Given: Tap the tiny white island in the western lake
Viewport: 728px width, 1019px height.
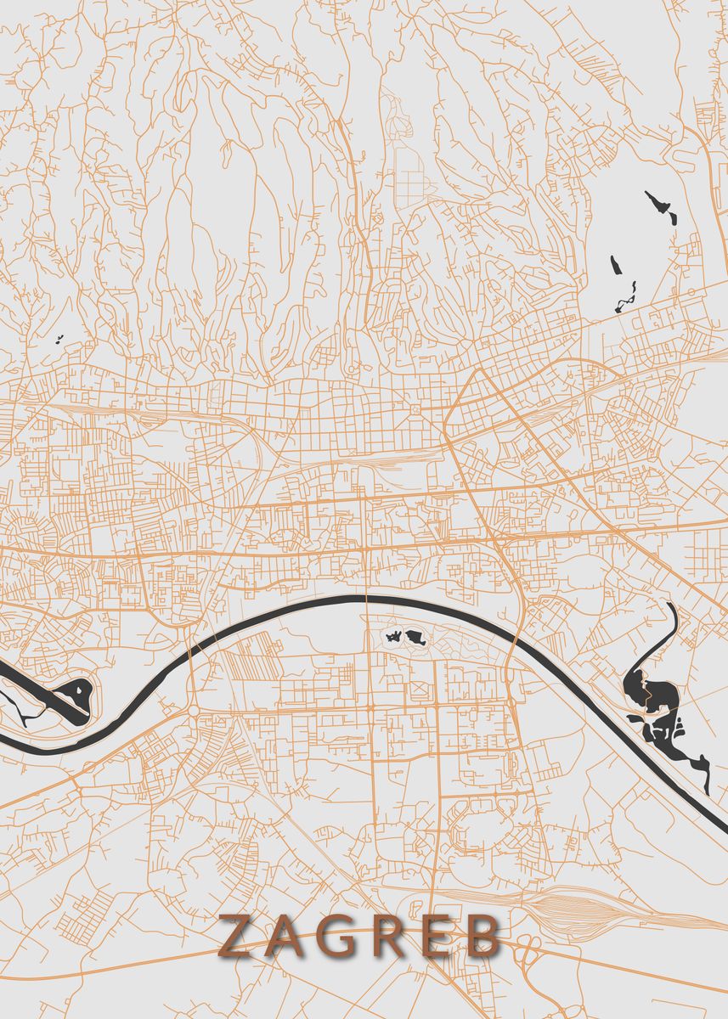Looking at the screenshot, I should [x=78, y=690].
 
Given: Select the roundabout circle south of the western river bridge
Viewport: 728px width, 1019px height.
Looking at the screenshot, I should [x=193, y=711].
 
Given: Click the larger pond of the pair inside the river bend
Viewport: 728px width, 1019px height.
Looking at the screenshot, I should [x=415, y=636].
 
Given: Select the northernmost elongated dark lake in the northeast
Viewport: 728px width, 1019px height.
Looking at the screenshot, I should [x=662, y=207].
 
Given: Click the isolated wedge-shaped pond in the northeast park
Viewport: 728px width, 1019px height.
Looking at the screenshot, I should [x=617, y=271].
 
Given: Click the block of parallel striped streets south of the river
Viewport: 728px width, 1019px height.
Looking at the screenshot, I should [x=246, y=662].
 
